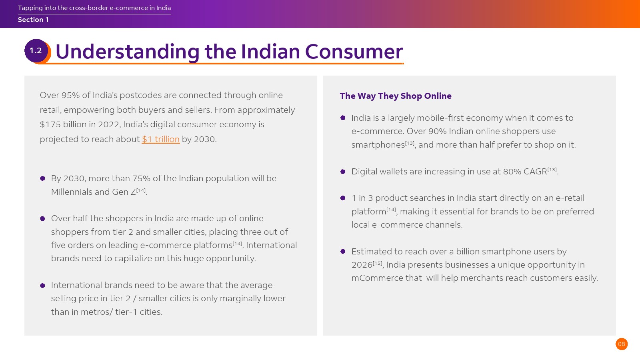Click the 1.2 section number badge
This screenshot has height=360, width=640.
[x=36, y=51]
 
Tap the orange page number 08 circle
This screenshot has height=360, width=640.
[x=622, y=344]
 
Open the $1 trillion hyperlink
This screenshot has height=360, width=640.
[x=160, y=139]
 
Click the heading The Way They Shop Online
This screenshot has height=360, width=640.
[x=396, y=96]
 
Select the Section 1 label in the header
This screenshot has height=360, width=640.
[x=33, y=20]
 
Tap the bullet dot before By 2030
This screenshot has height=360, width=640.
[x=42, y=178]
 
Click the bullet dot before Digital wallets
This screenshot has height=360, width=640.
[x=343, y=172]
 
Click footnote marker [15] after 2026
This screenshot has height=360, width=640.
[x=377, y=263]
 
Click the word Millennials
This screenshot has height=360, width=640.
[x=72, y=192]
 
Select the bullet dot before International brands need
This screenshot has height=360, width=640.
[x=42, y=286]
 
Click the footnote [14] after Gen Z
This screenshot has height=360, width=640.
[x=141, y=190]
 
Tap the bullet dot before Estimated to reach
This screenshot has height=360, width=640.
[x=343, y=252]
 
